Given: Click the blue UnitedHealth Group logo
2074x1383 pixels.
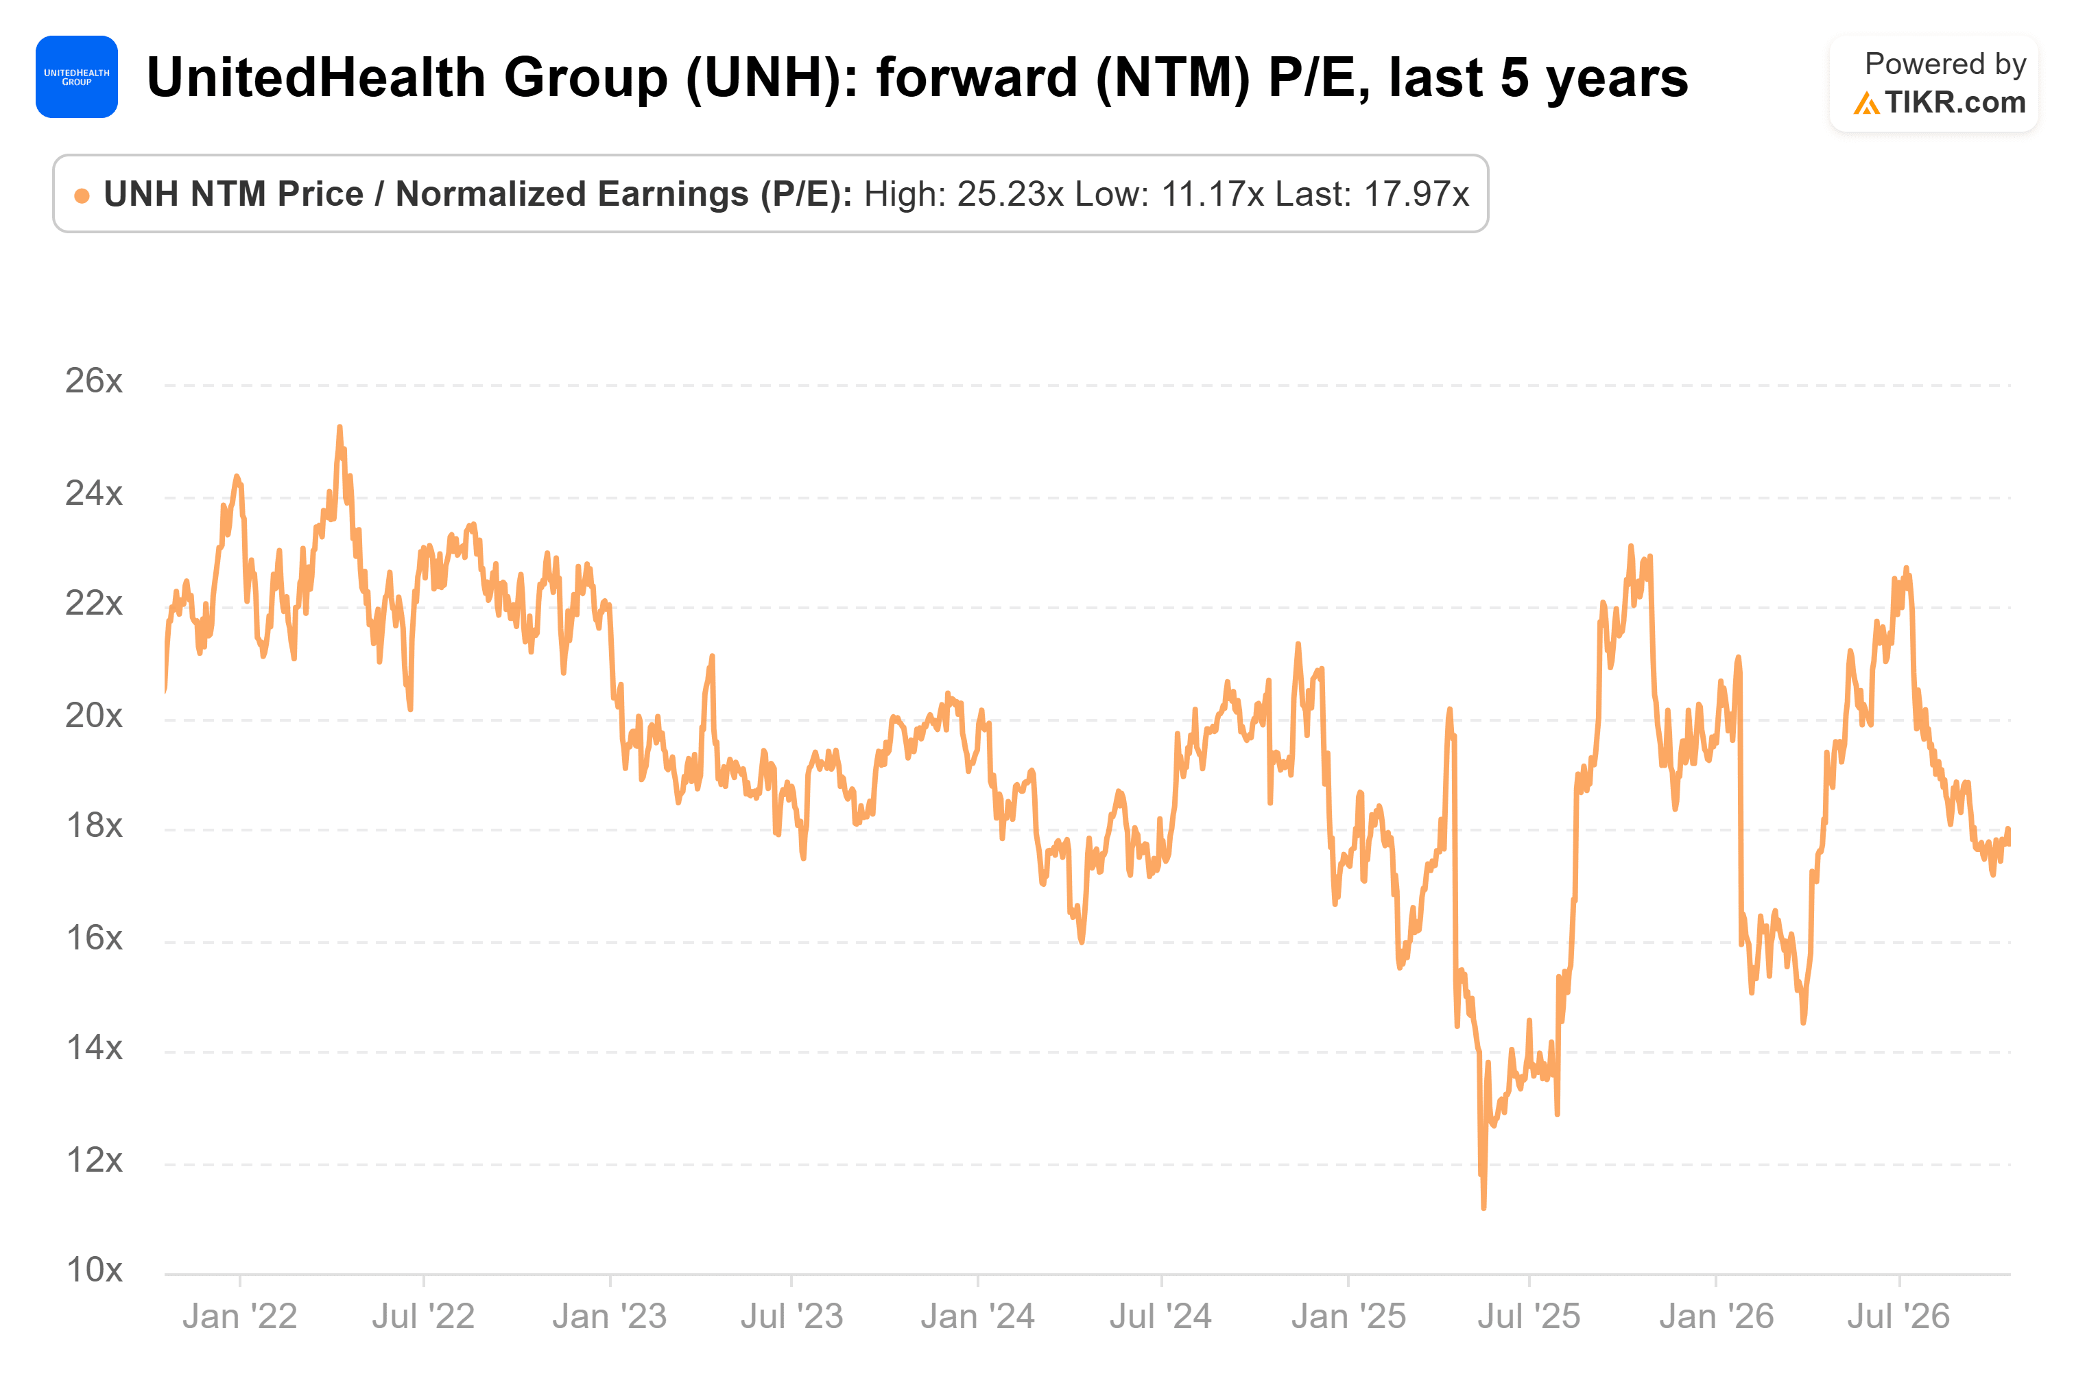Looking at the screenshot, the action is click(x=77, y=77).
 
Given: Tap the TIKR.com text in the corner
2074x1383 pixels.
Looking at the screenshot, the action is click(x=1955, y=103).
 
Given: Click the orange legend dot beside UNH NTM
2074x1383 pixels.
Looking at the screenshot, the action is click(x=82, y=196).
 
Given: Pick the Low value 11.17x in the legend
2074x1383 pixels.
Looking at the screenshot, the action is click(x=1213, y=194).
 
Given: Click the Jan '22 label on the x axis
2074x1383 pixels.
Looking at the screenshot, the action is click(x=240, y=1317).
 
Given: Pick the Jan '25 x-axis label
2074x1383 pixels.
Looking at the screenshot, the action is click(x=1348, y=1317).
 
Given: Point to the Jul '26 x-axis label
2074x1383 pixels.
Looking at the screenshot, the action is click(x=1898, y=1317).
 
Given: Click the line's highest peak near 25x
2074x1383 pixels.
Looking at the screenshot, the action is click(x=339, y=428).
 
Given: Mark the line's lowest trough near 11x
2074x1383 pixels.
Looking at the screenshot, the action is click(x=1484, y=1207).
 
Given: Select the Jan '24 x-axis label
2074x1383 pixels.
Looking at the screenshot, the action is click(x=978, y=1317).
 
